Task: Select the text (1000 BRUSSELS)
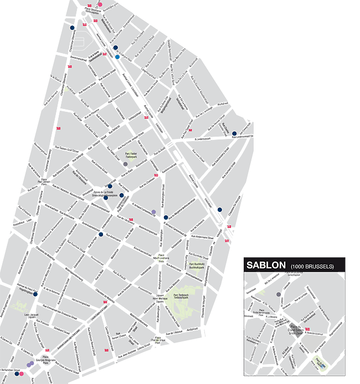tap(312, 267)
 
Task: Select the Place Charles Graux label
tap(158, 339)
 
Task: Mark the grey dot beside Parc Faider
tap(126, 164)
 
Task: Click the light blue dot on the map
tap(117, 56)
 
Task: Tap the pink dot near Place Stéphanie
tap(100, 4)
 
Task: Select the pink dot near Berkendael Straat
tap(22, 374)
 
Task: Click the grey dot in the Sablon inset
tap(278, 294)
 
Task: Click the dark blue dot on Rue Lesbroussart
tap(234, 133)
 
